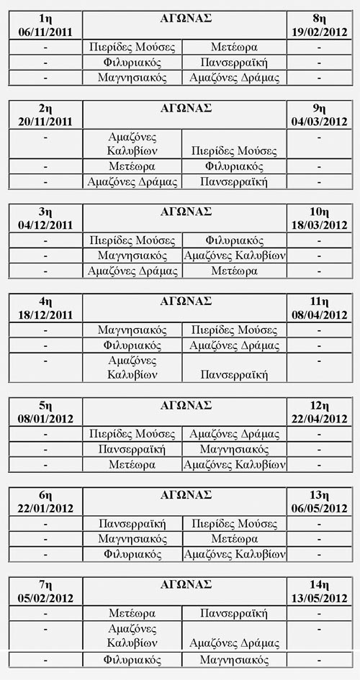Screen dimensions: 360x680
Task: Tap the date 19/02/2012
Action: (x=318, y=31)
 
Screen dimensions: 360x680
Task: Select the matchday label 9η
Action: (x=318, y=109)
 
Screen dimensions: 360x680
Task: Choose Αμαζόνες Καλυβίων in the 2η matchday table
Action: (x=132, y=144)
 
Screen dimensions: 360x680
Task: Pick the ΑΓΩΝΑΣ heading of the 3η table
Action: (x=185, y=212)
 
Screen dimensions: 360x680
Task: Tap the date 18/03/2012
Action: (x=318, y=225)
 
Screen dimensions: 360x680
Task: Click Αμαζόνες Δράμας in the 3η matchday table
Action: (x=132, y=271)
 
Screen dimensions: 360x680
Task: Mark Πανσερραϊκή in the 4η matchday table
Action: (x=234, y=374)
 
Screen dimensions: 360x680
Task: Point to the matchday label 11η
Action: (x=318, y=301)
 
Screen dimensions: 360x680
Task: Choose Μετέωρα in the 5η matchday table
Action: (x=132, y=465)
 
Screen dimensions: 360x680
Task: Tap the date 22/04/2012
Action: (x=318, y=418)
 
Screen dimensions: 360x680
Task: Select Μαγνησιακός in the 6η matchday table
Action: (x=132, y=539)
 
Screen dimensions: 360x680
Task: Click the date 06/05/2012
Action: (x=318, y=509)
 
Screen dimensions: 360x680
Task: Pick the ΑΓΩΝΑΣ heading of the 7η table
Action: (x=185, y=584)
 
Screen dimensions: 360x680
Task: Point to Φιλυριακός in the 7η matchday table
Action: (x=132, y=659)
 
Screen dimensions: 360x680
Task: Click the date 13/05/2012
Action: (x=318, y=598)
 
